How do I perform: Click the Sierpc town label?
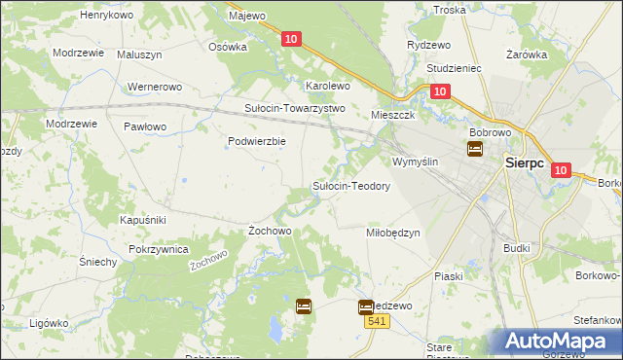530,164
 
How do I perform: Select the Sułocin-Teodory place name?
350,186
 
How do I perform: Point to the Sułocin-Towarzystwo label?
294,108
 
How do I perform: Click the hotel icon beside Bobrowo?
475,149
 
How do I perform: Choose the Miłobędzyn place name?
392,233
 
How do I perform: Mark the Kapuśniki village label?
145,220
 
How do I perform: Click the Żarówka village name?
527,55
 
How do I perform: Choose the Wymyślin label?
416,162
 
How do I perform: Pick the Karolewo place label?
328,86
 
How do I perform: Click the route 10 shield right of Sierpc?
561,169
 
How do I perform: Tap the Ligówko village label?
49,322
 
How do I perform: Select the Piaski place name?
449,276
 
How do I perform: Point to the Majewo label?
246,17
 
